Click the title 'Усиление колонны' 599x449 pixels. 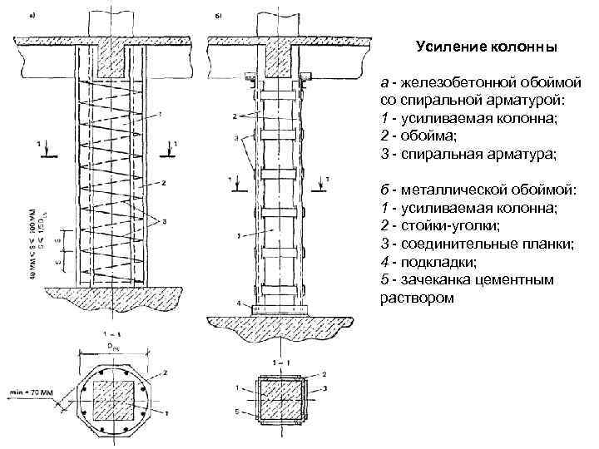click(486, 47)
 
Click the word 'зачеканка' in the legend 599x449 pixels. click(440, 279)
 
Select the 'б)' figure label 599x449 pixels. click(219, 16)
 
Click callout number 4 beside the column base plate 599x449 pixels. click(239, 304)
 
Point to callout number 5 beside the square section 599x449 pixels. click(238, 412)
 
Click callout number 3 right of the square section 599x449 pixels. click(324, 387)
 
